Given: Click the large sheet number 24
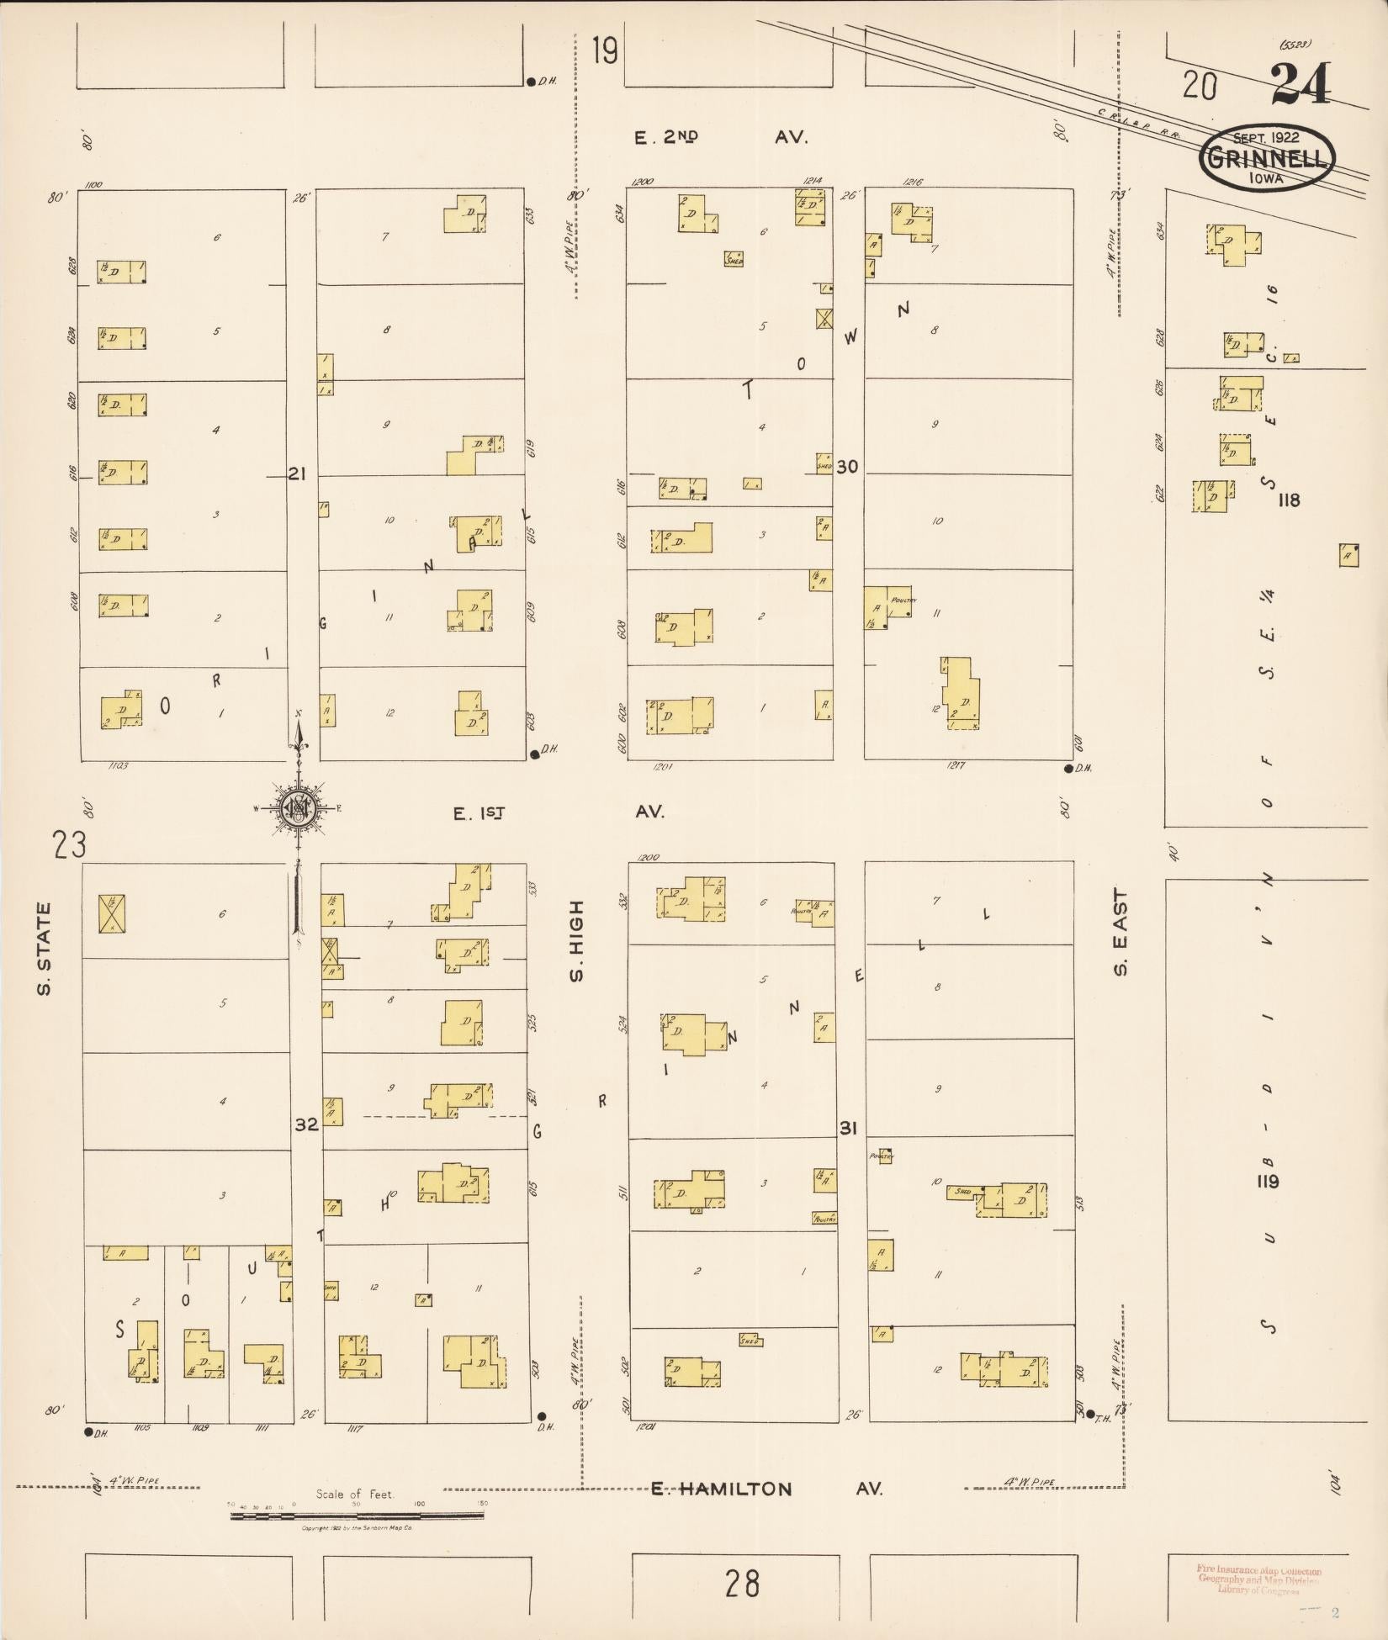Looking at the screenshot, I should [1300, 84].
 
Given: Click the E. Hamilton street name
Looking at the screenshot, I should [722, 1489].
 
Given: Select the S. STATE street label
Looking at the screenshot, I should [44, 948].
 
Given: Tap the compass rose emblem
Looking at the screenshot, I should [299, 808].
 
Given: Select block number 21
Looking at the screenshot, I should [296, 473].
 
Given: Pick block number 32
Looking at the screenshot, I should [306, 1124].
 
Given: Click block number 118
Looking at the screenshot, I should [1288, 500].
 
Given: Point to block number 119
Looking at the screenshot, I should [1267, 1181].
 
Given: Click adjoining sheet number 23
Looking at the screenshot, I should [69, 844].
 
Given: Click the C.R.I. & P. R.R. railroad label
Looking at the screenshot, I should [1140, 124].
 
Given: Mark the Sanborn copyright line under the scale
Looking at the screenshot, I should [357, 1527].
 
